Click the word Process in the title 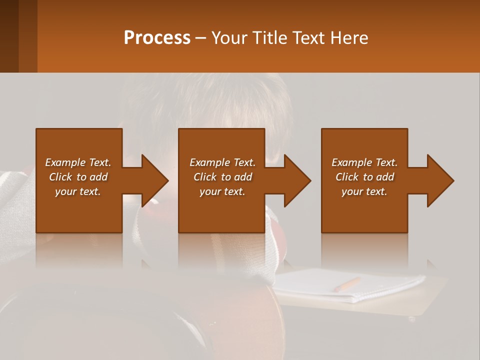(x=157, y=38)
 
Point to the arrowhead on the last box (x=438, y=180)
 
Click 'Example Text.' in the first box (x=78, y=162)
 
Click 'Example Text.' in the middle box (x=222, y=162)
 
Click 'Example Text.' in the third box (x=364, y=162)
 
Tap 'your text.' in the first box (x=78, y=191)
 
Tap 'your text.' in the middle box (x=222, y=191)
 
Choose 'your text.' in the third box (x=364, y=191)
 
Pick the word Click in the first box (x=60, y=177)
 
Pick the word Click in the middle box (x=205, y=177)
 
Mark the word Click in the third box (x=347, y=177)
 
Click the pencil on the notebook (x=347, y=284)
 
